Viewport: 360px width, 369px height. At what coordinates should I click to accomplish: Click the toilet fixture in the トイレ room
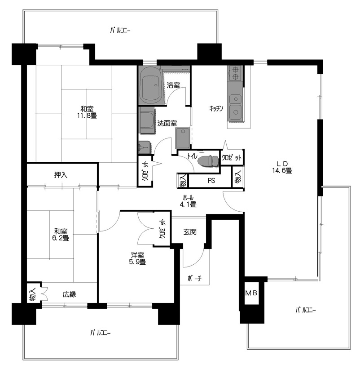(x=208, y=161)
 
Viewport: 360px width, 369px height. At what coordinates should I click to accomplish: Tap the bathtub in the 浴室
(x=150, y=85)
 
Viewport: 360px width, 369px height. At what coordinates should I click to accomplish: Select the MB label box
(x=251, y=293)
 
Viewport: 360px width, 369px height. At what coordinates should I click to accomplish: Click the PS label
(x=211, y=181)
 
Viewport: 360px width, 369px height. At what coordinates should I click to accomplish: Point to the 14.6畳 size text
(x=282, y=171)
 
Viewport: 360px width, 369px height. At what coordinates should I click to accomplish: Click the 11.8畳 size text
(x=87, y=116)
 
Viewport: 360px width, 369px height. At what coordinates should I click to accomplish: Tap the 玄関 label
(x=190, y=232)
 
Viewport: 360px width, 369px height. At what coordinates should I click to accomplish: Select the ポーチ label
(x=195, y=279)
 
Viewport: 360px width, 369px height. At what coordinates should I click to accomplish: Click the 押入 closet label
(x=61, y=175)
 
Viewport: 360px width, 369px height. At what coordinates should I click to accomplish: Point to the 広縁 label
(x=69, y=294)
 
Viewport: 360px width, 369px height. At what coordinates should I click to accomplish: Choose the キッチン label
(x=216, y=108)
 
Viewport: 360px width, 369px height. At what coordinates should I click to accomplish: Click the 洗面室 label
(x=167, y=123)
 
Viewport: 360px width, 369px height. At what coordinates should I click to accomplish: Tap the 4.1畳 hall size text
(x=188, y=205)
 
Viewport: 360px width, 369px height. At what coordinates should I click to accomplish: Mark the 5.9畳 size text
(x=137, y=262)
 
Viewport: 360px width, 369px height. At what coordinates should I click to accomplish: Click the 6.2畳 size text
(x=61, y=238)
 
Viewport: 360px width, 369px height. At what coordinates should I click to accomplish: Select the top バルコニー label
(x=120, y=31)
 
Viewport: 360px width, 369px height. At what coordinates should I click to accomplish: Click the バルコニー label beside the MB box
(x=306, y=310)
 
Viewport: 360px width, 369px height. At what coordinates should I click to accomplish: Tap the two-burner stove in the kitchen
(x=235, y=73)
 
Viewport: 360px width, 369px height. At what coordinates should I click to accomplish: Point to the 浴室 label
(x=173, y=85)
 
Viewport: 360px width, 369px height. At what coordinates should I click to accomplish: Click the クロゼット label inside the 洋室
(x=162, y=228)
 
